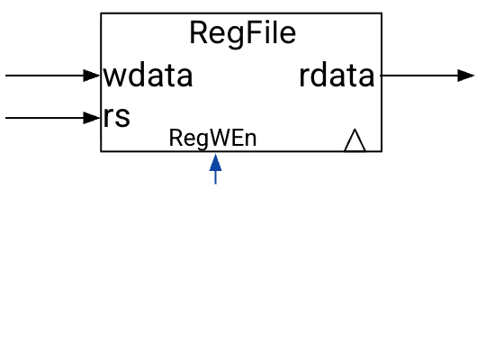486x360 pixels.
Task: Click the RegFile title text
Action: (242, 33)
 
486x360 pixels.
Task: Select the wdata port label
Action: (148, 76)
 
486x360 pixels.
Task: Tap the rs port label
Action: (117, 117)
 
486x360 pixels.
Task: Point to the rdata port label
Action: (337, 76)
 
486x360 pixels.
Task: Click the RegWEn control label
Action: (213, 138)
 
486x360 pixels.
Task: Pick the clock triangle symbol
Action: (355, 140)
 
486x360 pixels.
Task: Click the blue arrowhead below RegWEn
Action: (215, 162)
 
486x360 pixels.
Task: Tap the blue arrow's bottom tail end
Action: (215, 184)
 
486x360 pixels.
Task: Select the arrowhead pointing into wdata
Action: (93, 76)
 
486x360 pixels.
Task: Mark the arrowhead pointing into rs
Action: (93, 117)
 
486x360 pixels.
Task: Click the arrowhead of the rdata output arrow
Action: (466, 76)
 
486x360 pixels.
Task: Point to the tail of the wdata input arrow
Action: (7, 76)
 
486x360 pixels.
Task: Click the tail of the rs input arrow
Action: (7, 117)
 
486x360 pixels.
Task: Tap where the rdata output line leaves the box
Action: (382, 76)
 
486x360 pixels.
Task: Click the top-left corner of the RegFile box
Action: (101, 13)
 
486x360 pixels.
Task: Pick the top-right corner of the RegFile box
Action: (382, 13)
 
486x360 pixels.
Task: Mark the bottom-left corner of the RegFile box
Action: (101, 151)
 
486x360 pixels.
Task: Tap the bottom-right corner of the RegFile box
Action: (382, 151)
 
